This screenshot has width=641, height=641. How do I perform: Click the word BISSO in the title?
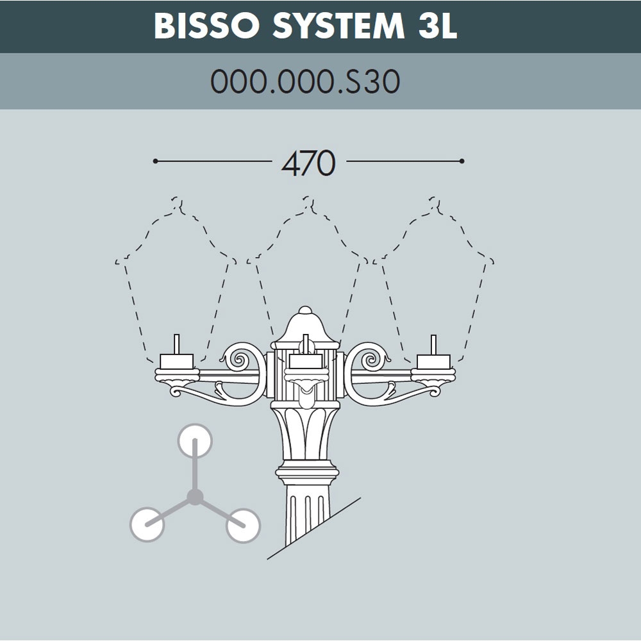[x=207, y=26]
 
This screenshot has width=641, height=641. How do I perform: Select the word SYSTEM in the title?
[x=338, y=26]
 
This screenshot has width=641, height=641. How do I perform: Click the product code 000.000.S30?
[x=305, y=81]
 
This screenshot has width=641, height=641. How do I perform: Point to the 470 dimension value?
[x=309, y=163]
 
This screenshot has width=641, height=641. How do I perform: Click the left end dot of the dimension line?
[x=155, y=161]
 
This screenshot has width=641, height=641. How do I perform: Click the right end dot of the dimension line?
[x=462, y=161]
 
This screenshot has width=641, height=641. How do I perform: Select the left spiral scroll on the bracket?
[x=239, y=360]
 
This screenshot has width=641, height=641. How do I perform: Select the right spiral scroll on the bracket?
[x=371, y=360]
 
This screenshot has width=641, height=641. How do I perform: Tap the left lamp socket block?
[x=177, y=362]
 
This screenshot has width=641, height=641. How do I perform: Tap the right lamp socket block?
[x=433, y=362]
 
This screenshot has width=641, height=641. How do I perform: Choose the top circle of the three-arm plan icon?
[x=195, y=441]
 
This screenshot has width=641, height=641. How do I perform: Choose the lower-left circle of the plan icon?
[x=147, y=524]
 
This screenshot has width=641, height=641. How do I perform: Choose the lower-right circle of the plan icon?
[x=243, y=526]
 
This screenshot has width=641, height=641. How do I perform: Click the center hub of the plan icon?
[x=195, y=497]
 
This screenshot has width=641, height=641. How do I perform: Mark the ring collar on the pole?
[x=307, y=472]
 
